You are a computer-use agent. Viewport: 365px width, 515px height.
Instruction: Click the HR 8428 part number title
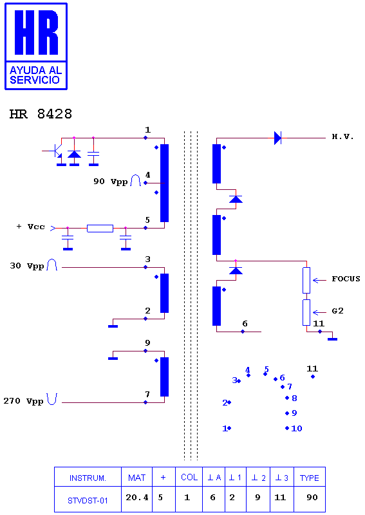41,114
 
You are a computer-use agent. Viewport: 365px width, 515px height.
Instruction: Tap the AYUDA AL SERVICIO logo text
35,75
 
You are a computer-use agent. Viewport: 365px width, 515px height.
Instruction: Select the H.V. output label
342,136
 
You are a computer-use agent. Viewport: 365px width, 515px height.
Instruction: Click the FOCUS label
346,279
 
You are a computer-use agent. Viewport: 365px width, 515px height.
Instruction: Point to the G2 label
337,311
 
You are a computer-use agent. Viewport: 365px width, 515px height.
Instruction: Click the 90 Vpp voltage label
110,182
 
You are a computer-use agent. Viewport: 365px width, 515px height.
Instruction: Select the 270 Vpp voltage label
23,401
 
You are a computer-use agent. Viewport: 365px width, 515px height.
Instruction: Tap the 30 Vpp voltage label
27,266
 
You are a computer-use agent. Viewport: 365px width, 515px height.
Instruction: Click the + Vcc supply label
30,227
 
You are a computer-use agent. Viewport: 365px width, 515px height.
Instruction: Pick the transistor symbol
57,153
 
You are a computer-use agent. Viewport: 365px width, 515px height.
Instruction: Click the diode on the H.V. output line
277,138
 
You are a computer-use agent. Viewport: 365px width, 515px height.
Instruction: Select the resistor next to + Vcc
100,229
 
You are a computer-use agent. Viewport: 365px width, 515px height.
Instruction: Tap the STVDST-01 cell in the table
88,501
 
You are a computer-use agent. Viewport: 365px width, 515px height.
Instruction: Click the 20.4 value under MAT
137,498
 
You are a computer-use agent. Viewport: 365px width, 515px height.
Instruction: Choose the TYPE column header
310,478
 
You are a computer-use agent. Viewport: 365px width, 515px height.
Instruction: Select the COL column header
189,477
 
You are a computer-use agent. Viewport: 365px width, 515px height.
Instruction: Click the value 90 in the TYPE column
312,497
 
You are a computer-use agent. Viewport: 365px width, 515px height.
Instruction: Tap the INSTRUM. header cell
88,478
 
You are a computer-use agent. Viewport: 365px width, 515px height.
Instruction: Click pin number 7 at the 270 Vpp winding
147,394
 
